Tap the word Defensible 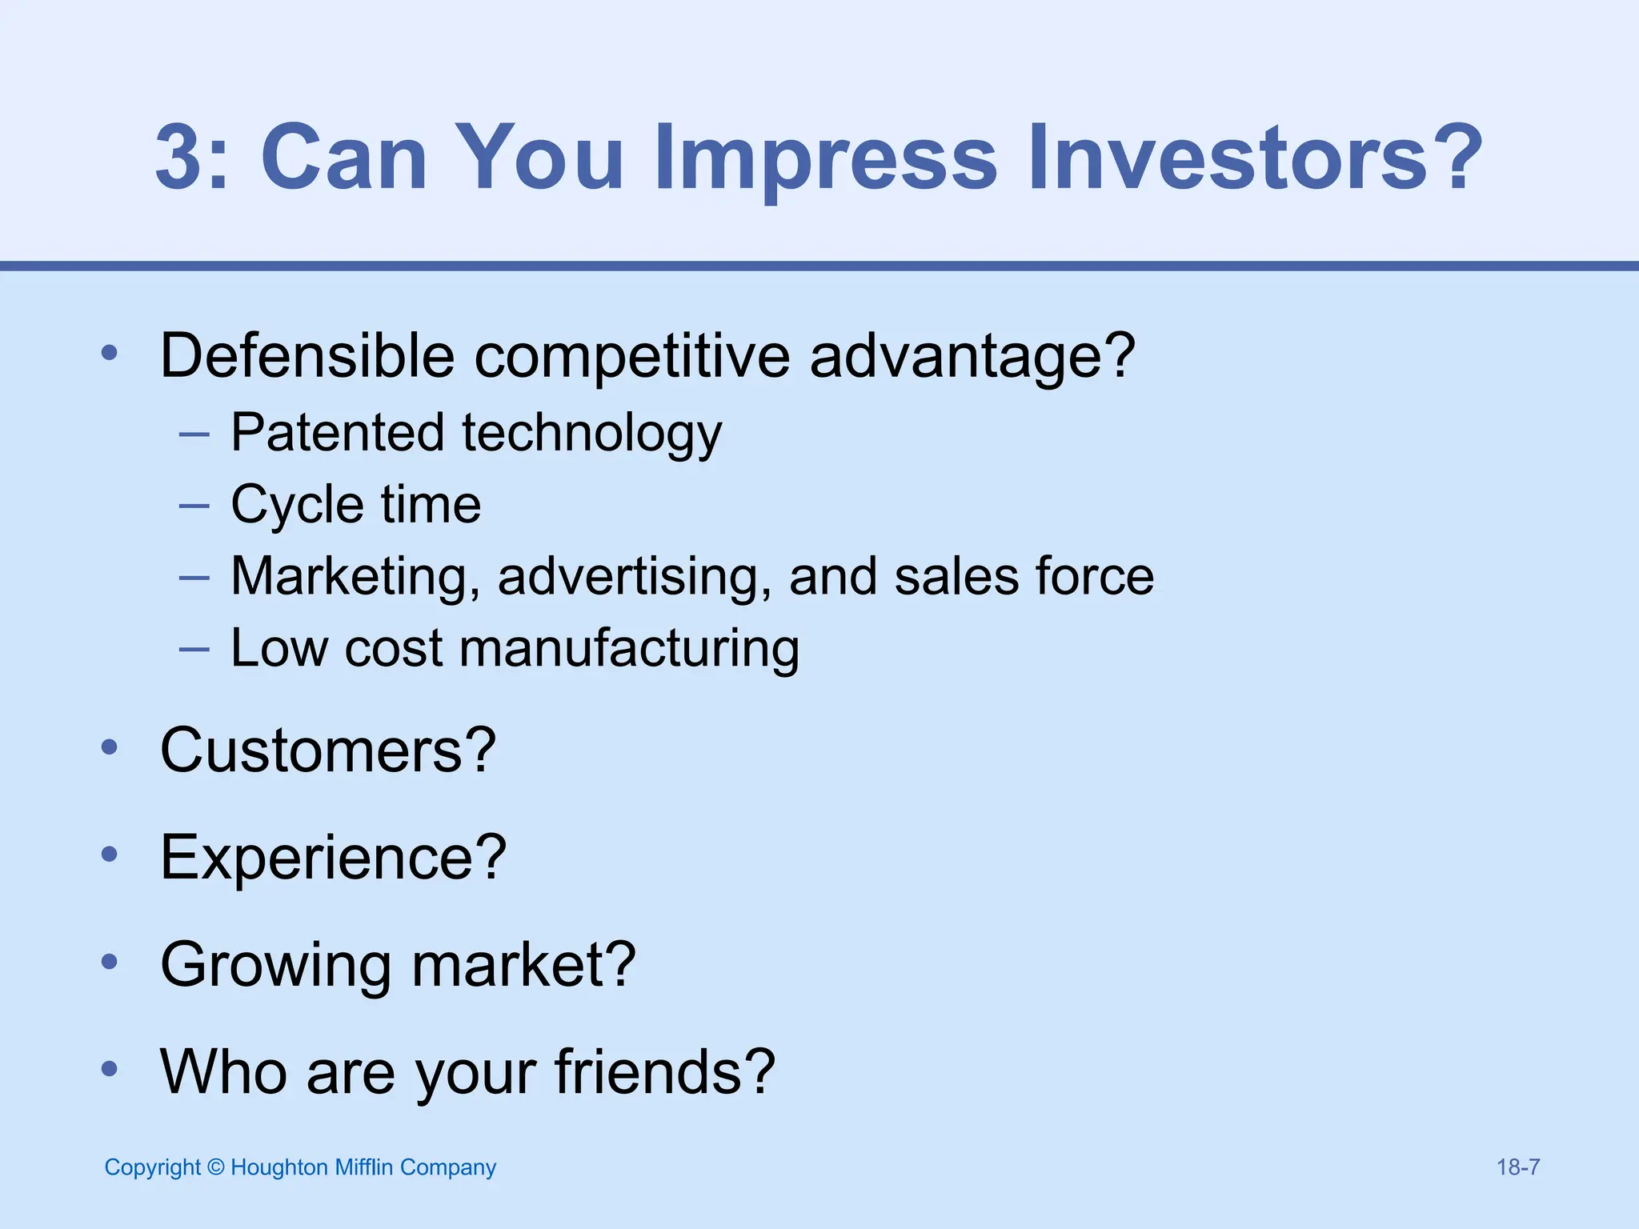(307, 355)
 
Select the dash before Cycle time (194, 506)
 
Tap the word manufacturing (629, 649)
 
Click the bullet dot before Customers (110, 747)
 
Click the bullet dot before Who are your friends (110, 1069)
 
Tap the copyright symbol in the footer (215, 1167)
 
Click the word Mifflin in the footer (364, 1167)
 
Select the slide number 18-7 (1518, 1167)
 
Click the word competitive (632, 357)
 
